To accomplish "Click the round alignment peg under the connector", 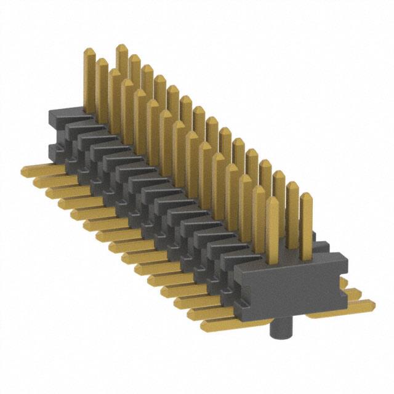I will tap(279, 329).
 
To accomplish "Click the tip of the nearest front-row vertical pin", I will tap(273, 203).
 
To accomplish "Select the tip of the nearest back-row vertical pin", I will tap(306, 197).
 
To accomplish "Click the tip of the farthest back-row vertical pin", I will tap(121, 48).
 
